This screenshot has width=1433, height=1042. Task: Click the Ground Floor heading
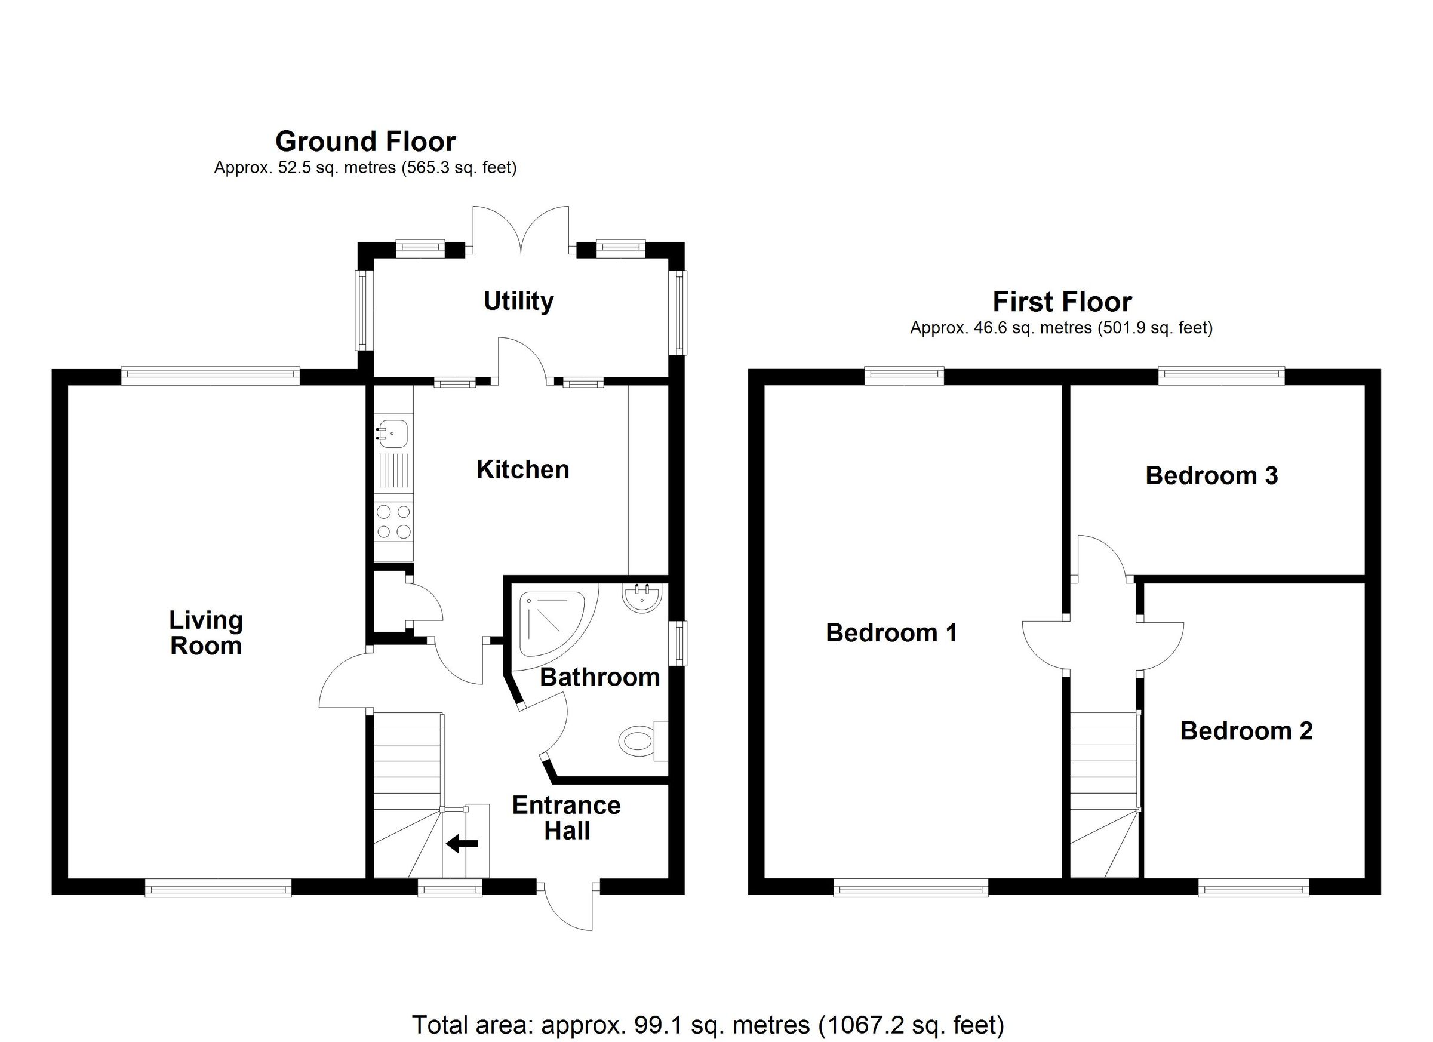click(x=365, y=142)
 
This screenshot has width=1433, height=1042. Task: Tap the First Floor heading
click(x=1062, y=302)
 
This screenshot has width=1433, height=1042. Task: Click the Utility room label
click(x=518, y=302)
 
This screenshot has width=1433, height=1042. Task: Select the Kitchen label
click(x=522, y=469)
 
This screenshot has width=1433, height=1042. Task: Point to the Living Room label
click(x=206, y=633)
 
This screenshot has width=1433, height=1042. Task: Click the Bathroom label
click(x=599, y=677)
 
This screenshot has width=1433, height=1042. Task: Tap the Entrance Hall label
click(x=566, y=817)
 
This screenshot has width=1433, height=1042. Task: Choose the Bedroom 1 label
click(x=891, y=632)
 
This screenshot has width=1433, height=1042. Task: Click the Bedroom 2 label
click(x=1246, y=731)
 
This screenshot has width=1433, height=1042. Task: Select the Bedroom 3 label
click(x=1211, y=476)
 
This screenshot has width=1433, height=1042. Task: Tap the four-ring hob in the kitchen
click(x=393, y=522)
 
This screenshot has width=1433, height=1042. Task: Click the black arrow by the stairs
click(x=463, y=844)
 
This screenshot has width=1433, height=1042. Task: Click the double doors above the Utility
click(x=521, y=230)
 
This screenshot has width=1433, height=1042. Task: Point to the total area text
click(x=708, y=1025)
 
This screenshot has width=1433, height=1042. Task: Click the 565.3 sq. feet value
click(x=459, y=168)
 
